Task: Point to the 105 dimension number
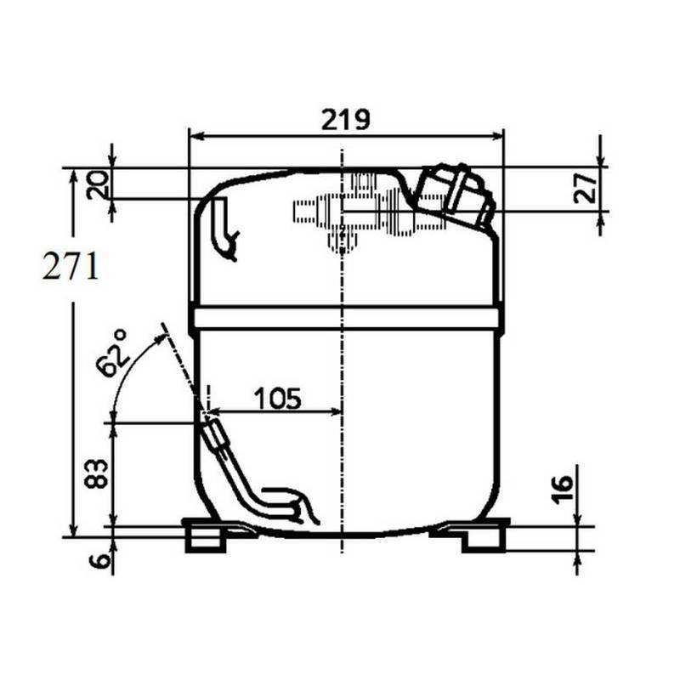(x=277, y=397)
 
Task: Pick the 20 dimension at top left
(x=99, y=184)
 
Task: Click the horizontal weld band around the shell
(x=345, y=319)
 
